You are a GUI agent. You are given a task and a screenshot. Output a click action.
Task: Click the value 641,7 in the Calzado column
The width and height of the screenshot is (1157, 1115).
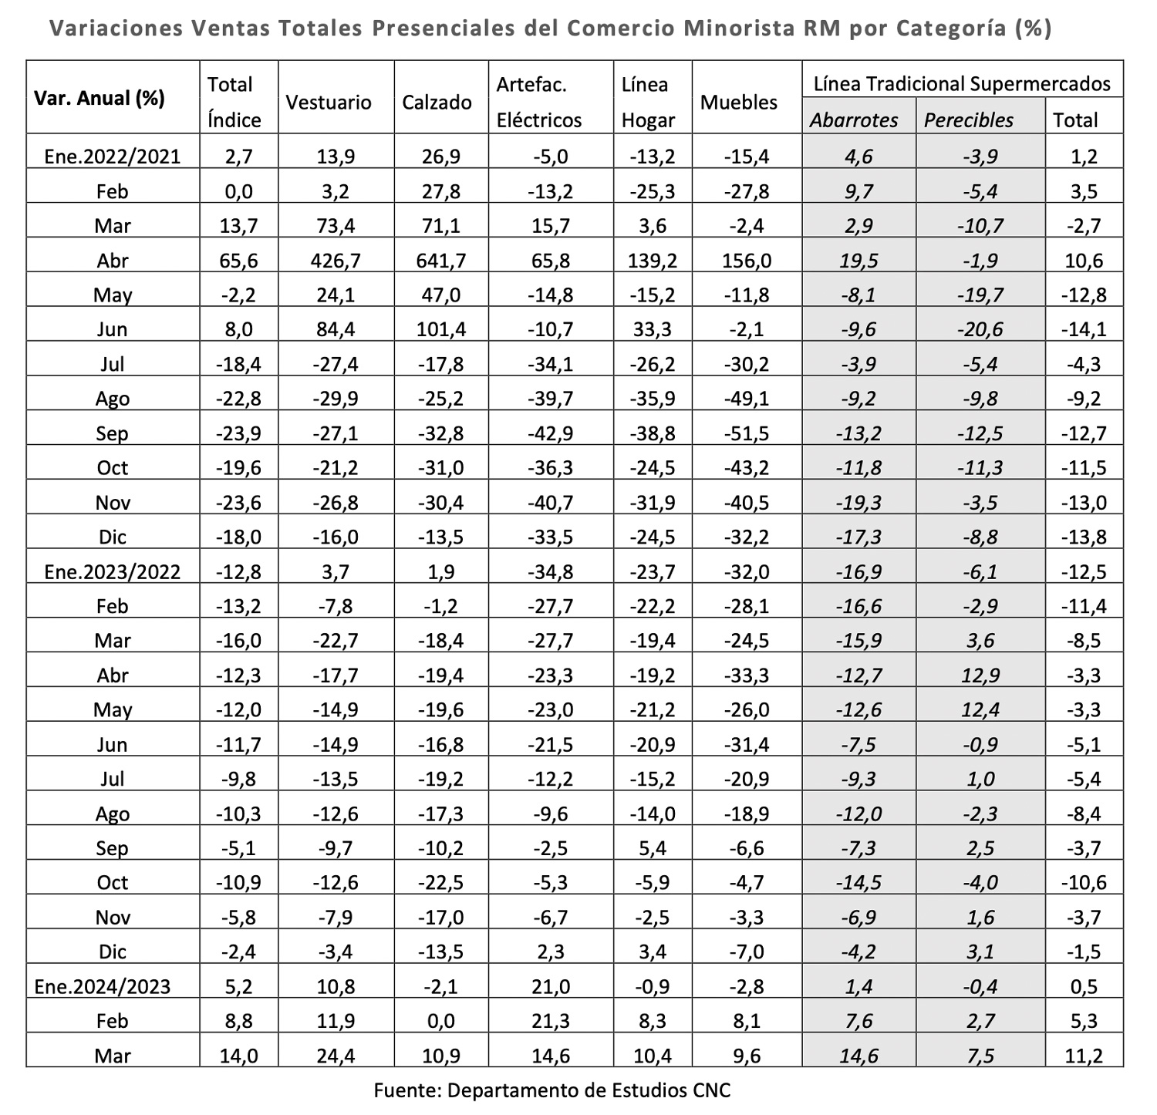click(x=440, y=261)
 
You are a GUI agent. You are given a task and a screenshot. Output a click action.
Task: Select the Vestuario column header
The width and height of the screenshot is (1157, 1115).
click(x=329, y=103)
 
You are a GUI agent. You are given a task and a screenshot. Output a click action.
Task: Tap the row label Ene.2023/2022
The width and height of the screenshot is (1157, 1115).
click(x=113, y=572)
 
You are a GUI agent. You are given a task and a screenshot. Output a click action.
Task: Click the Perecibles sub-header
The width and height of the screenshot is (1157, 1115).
click(x=969, y=120)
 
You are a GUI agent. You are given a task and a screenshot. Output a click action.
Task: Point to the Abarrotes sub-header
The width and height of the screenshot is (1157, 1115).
click(x=854, y=120)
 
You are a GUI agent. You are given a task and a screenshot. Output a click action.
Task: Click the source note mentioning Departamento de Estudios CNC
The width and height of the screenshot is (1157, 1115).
click(x=552, y=1090)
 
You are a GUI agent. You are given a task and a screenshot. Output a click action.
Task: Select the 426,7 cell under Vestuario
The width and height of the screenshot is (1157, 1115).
click(x=336, y=261)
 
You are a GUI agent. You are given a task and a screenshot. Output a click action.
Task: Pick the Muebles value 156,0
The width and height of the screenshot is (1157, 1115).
click(x=746, y=261)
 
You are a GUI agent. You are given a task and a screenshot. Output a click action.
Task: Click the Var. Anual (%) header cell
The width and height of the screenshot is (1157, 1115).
click(x=99, y=99)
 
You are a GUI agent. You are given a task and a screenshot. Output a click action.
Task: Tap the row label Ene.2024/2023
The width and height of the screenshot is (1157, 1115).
click(x=103, y=986)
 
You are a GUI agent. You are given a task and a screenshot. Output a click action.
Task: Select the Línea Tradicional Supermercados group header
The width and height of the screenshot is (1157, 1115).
click(x=963, y=84)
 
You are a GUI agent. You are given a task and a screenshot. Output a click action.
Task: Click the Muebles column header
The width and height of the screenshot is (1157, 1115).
click(x=739, y=103)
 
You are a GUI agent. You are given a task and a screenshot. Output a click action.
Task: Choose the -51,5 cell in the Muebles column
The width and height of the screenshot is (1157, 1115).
click(x=746, y=433)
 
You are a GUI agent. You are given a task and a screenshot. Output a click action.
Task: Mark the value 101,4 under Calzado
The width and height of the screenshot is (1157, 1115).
click(x=440, y=329)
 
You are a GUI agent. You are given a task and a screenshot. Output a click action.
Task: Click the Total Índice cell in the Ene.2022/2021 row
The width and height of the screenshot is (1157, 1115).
click(x=238, y=157)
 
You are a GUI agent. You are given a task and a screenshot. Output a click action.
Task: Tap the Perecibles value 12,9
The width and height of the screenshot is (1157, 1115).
click(x=980, y=675)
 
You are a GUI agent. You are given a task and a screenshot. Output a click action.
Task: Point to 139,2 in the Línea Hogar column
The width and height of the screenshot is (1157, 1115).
click(x=653, y=261)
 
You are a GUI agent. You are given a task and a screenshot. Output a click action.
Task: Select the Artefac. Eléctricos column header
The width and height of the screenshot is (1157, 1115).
click(x=539, y=103)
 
